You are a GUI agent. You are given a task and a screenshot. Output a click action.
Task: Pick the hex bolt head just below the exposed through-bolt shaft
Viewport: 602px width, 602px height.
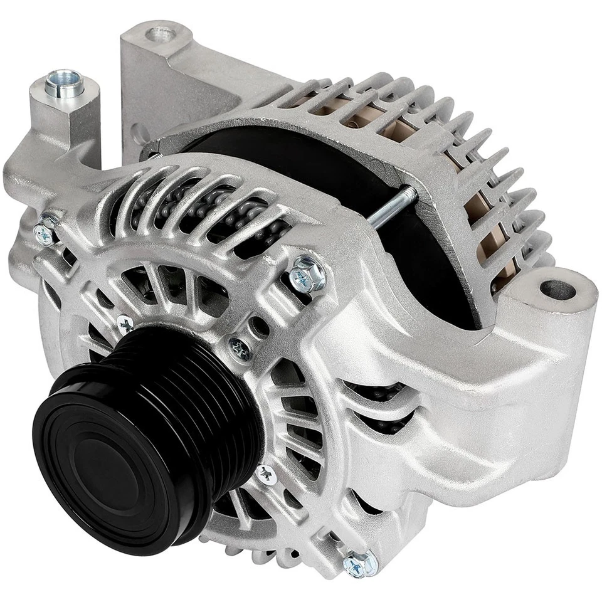click(x=307, y=273)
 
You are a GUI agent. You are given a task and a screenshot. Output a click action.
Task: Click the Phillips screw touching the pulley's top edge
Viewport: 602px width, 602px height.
click(x=126, y=324)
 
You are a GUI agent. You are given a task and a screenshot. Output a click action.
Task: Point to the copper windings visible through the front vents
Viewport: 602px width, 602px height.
click(x=207, y=213)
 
